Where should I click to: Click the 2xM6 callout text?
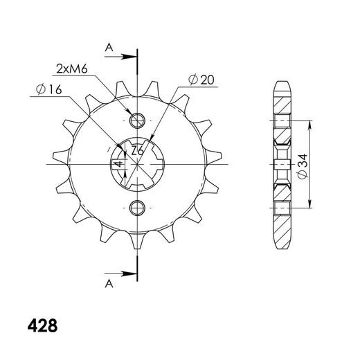[72, 69]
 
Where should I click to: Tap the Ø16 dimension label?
[49, 89]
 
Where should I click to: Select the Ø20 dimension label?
[201, 80]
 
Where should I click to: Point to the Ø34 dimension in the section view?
[303, 166]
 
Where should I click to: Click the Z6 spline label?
[138, 151]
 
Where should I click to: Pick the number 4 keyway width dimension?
[118, 164]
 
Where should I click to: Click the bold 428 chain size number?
[42, 326]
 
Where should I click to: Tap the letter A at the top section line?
[109, 48]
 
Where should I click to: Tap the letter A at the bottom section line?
[109, 284]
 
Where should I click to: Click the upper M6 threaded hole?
[137, 120]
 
